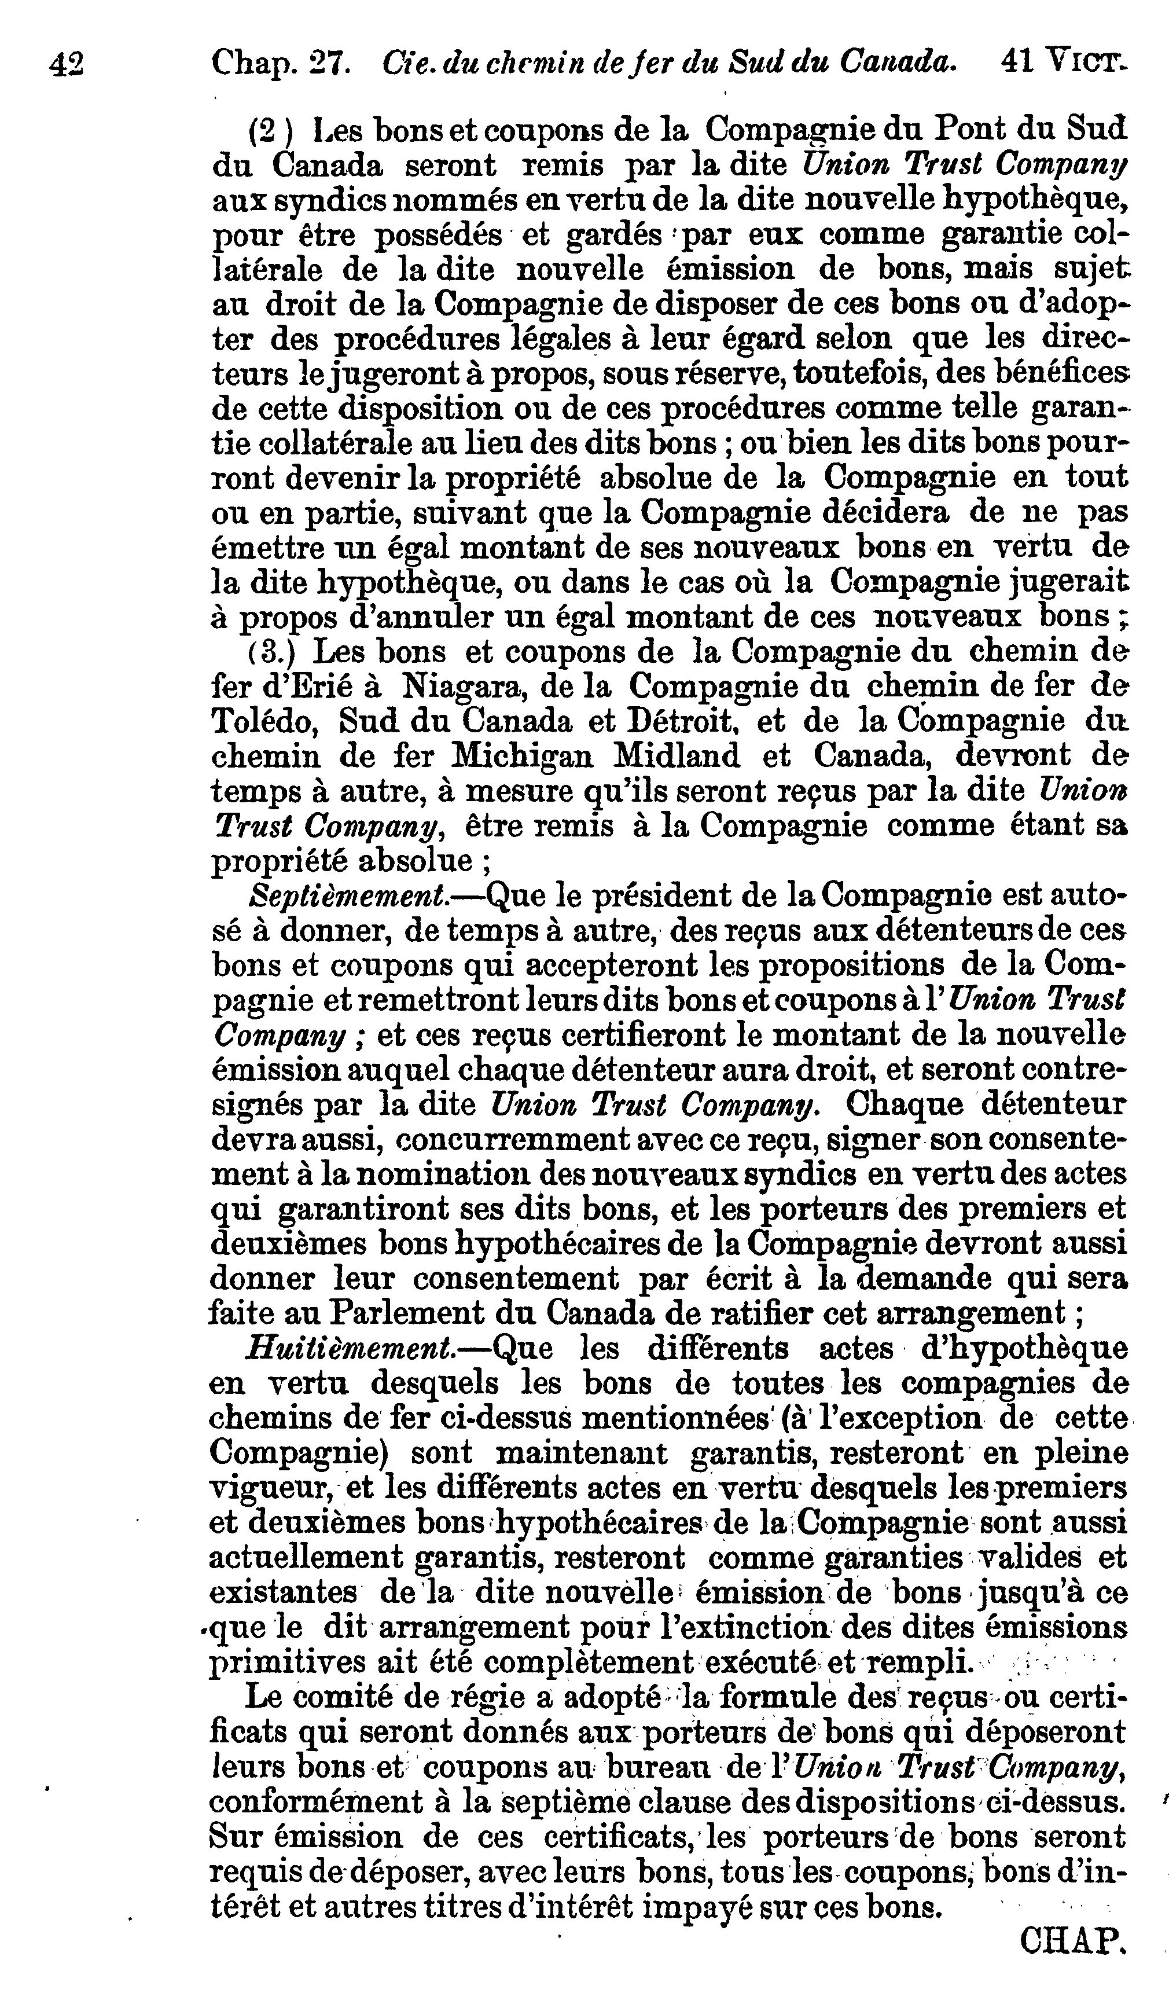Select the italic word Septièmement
pos(348,895)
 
